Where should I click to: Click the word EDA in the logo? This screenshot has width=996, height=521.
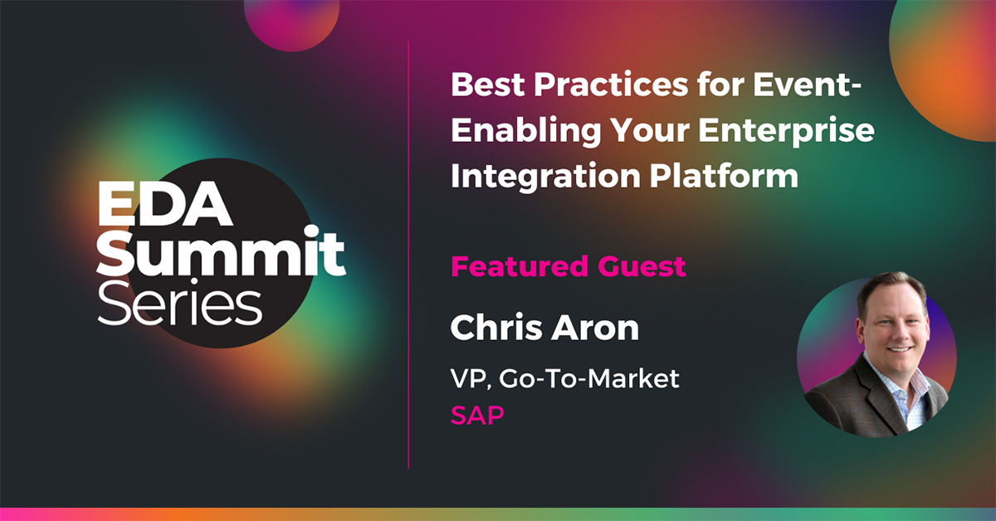click(x=164, y=203)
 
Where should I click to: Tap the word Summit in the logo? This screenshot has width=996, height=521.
click(x=221, y=251)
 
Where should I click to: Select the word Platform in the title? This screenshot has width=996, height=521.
click(x=724, y=175)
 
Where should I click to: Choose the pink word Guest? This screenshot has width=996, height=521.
click(x=642, y=266)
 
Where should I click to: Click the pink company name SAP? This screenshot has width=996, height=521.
click(x=477, y=415)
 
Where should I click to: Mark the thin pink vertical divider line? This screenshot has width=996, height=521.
click(x=408, y=255)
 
